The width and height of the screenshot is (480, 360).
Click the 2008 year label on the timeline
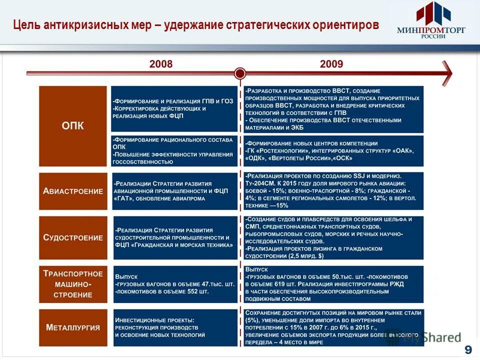161,64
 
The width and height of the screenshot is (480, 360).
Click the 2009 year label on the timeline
331,64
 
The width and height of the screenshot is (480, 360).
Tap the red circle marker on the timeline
240,73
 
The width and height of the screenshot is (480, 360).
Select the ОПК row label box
73,126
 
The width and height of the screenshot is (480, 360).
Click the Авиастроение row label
73,191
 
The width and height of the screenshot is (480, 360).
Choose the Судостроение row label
73,237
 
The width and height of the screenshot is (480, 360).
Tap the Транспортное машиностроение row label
73,284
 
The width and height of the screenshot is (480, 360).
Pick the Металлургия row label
73,327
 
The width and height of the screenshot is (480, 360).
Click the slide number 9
467,349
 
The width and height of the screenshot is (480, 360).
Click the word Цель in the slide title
26,24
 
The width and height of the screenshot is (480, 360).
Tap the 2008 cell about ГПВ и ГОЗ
174,108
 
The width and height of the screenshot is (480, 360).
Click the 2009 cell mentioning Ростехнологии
333,151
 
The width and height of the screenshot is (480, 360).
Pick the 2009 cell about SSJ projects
333,191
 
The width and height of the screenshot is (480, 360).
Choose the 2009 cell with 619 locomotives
333,284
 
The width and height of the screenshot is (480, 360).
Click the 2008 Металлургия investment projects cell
174,327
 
